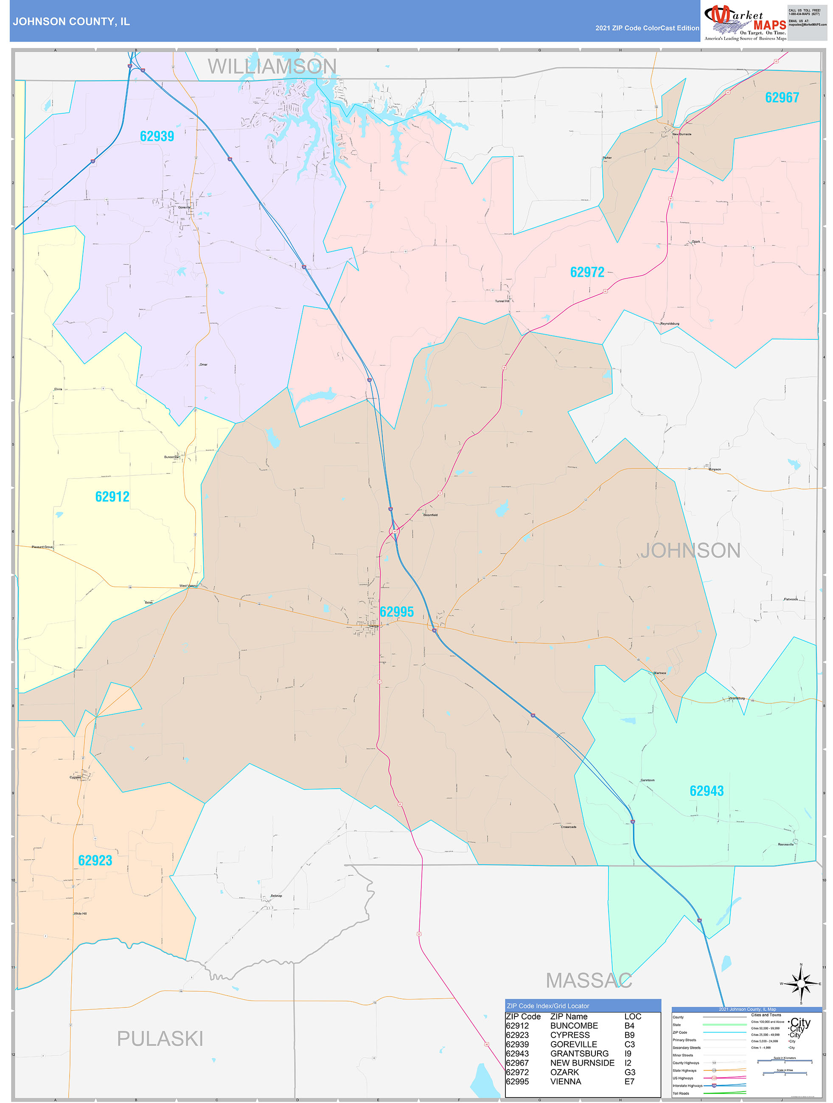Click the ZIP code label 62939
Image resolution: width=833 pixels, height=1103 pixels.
[157, 137]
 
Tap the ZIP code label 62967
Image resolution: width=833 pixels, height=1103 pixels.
[782, 98]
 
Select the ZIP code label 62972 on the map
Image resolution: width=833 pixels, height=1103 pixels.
[587, 272]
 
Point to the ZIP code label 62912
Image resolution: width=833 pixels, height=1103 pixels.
[112, 497]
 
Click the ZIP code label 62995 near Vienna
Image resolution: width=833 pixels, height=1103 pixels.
[396, 612]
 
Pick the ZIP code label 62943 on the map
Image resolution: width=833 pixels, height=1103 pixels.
[706, 791]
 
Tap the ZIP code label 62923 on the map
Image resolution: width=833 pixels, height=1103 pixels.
[95, 860]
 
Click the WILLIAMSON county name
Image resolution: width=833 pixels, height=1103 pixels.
[272, 66]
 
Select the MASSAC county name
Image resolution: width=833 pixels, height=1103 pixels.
[589, 980]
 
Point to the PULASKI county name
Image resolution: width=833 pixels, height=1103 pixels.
[160, 1039]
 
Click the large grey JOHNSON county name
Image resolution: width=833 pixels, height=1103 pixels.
[690, 551]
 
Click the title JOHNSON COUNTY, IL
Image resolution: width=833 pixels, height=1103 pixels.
[71, 22]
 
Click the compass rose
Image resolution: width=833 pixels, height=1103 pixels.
[801, 983]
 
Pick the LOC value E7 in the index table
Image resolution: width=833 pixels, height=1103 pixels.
[629, 1081]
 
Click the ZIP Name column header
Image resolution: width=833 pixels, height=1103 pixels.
[569, 1016]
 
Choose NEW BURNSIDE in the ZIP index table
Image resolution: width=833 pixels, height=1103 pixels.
[582, 1063]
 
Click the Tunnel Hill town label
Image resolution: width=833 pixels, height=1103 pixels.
[502, 301]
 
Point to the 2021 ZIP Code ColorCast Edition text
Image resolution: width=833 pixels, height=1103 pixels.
[647, 28]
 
